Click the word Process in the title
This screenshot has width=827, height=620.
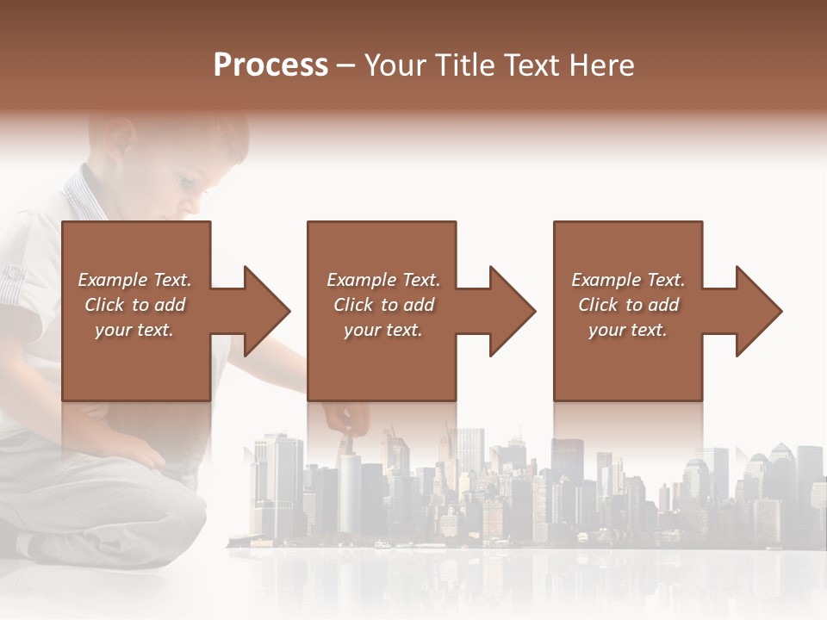[270, 65]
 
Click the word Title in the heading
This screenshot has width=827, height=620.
[464, 65]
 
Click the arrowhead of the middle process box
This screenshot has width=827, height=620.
[511, 311]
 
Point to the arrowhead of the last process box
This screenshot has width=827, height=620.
[757, 311]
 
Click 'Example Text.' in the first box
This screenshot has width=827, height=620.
[134, 280]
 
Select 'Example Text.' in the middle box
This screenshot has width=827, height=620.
[382, 280]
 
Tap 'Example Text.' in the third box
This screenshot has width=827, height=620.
[628, 280]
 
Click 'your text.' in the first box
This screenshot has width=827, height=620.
[134, 330]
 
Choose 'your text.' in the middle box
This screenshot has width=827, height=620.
[382, 330]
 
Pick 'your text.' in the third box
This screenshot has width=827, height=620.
[628, 330]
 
